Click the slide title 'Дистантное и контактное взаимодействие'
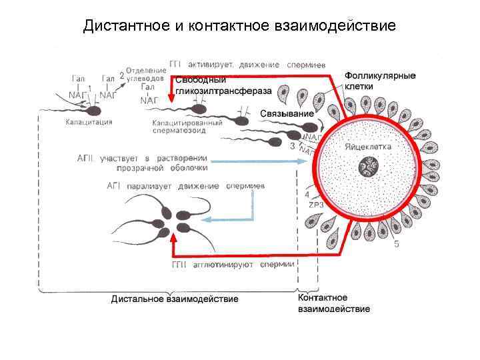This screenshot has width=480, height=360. [239, 26]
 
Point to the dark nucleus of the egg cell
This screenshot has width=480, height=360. [369, 165]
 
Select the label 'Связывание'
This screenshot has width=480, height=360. [286, 113]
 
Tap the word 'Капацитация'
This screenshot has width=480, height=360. [89, 122]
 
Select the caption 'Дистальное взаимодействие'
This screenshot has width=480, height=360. [174, 299]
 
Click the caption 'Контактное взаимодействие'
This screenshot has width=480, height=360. [333, 303]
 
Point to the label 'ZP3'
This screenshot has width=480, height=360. [316, 205]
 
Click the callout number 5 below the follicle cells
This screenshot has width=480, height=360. [397, 244]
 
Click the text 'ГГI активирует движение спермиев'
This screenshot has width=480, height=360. [247, 64]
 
